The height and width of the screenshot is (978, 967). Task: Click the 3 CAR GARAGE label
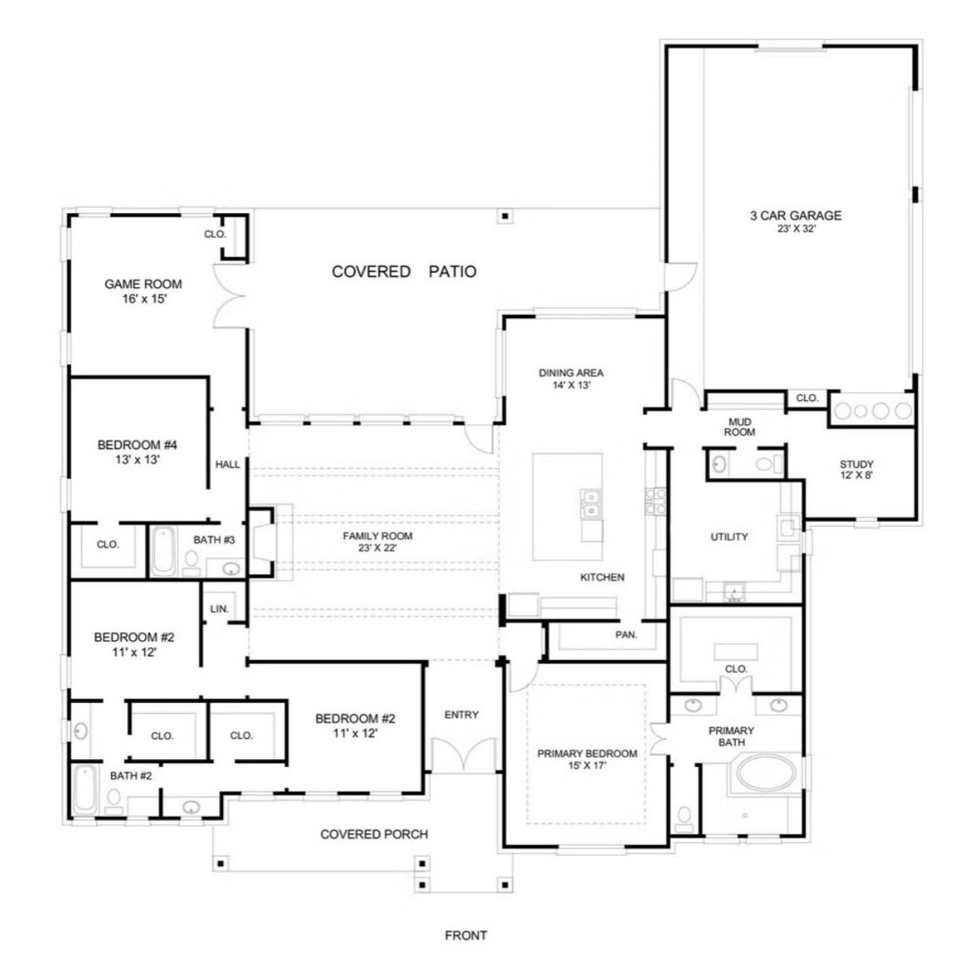pos(795,215)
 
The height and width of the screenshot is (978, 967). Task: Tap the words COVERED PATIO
pos(404,272)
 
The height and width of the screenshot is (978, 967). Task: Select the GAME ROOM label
pos(143,284)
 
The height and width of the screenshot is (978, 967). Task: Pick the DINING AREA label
pos(570,372)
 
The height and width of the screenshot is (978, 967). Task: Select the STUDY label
pos(856,464)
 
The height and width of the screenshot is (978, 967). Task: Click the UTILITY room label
pos(729,537)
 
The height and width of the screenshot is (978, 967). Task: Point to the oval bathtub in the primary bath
pos(765,774)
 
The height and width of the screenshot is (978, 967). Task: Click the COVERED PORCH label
pos(374,834)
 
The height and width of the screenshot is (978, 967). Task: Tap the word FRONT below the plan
pos(465,935)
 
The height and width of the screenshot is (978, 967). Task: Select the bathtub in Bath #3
pos(162,552)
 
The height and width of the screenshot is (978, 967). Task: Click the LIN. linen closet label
pos(219,608)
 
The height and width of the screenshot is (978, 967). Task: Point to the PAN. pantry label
pos(626,634)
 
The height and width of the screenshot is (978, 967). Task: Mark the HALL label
pos(227,464)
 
